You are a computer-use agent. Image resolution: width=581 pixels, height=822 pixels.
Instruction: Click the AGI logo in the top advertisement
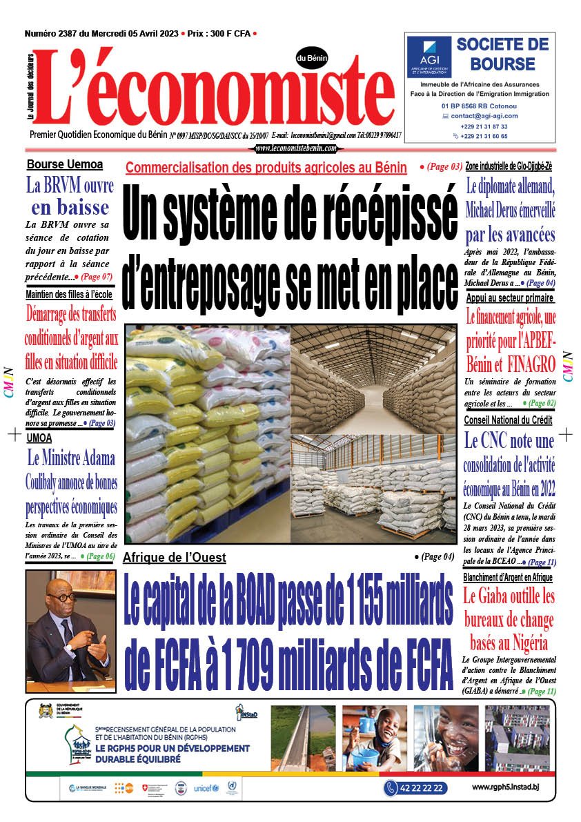point(429,57)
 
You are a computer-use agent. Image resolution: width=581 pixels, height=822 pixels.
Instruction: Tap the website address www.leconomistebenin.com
point(295,148)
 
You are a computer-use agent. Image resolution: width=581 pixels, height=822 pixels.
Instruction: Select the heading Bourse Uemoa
point(65,165)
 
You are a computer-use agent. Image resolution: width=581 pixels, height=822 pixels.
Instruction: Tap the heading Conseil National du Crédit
point(508,420)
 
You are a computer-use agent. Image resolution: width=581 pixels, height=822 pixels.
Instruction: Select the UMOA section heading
point(39,438)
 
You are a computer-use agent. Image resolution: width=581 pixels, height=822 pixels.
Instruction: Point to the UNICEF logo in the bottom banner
point(206,787)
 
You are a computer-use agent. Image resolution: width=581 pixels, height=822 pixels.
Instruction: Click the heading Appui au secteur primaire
point(509,298)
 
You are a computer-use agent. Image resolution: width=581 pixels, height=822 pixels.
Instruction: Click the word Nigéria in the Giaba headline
point(527,643)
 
